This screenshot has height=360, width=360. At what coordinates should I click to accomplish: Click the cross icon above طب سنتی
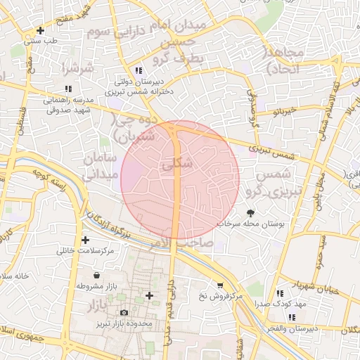point(41,30)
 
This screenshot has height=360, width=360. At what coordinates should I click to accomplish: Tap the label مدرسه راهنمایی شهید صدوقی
point(67,104)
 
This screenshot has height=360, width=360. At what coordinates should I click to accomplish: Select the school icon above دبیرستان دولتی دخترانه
point(139,70)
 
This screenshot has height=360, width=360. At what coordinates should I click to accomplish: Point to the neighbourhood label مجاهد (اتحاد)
point(284,60)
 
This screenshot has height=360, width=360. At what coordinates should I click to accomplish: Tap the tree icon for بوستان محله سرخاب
point(251,212)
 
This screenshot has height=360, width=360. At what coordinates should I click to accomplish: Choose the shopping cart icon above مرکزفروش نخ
point(220,285)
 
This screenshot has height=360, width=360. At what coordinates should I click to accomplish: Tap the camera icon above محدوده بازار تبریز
point(124,312)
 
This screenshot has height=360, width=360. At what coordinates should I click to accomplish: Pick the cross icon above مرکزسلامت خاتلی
point(85,240)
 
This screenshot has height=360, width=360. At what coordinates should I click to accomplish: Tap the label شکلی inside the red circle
point(176,163)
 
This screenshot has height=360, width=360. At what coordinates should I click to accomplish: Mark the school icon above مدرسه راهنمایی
point(68,89)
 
